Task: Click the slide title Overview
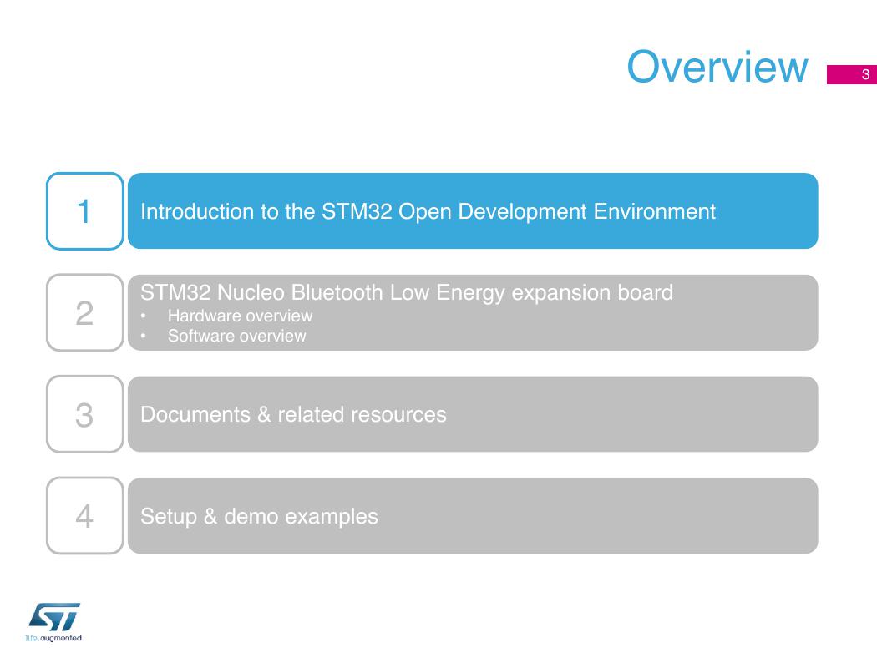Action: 717,67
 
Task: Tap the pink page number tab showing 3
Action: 852,74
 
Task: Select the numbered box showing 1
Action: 85,210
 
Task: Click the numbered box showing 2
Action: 85,312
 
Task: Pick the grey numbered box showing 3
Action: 85,414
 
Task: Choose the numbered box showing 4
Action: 85,515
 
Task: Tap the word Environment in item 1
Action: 654,211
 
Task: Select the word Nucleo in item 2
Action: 251,292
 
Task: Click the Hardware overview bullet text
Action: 240,316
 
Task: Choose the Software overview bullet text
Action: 236,336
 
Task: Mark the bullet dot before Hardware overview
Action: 143,316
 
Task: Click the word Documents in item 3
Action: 195,414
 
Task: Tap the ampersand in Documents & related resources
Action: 264,414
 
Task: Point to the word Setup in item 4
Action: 169,516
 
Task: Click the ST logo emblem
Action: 54,617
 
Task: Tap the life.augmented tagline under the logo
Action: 53,638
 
